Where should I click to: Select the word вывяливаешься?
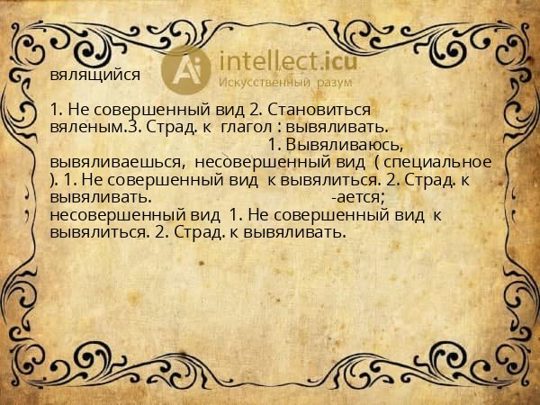click(x=118, y=161)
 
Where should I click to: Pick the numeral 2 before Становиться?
click(x=254, y=109)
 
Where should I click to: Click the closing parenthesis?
click(x=54, y=179)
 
